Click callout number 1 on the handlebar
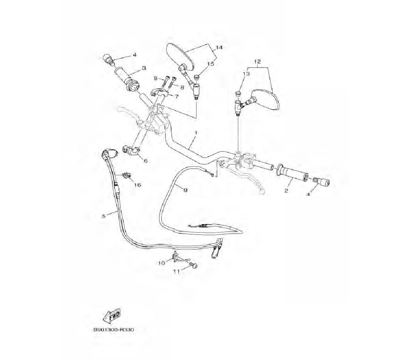pos(196,133)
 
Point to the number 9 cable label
pos(185,190)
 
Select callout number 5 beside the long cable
pos(104,216)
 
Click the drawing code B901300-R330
pos(114,330)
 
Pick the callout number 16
pos(137,185)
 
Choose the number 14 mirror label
pos(219,48)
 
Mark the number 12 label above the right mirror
pos(257,61)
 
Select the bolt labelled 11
pos(193,266)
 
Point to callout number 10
pos(162,263)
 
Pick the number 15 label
pos(211,64)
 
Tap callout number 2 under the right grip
pos(286,191)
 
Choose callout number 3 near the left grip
pos(144,68)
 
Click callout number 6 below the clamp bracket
pos(145,161)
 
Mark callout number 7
pos(177,97)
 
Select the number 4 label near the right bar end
pos(308,195)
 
